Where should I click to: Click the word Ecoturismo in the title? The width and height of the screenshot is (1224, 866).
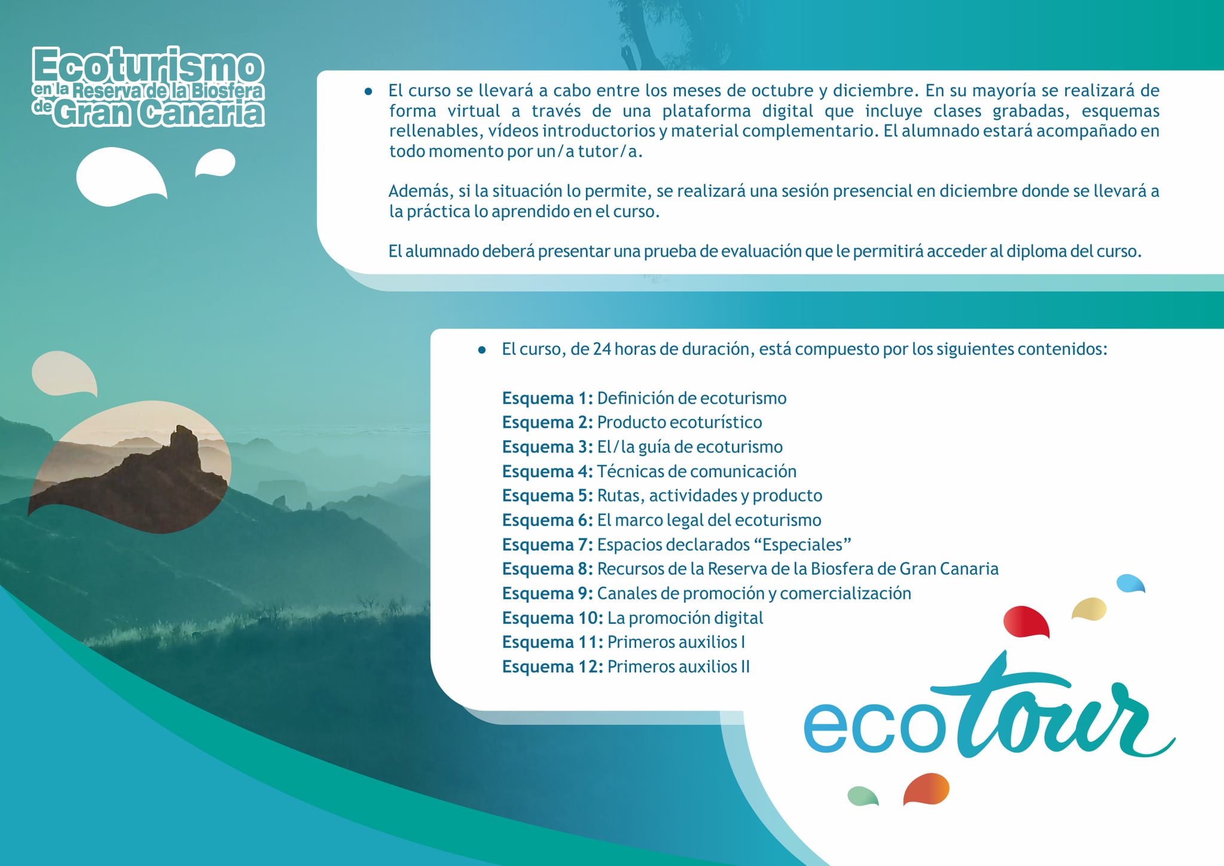click(148, 66)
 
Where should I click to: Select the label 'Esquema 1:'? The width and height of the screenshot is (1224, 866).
click(547, 398)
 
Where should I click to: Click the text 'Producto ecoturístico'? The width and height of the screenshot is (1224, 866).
click(679, 422)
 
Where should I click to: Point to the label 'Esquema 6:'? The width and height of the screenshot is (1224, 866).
click(547, 520)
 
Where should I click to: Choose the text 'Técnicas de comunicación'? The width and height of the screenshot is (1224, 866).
click(697, 471)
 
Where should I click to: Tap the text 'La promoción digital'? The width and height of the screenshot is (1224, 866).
click(685, 618)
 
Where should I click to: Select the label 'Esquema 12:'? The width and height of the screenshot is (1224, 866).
click(553, 667)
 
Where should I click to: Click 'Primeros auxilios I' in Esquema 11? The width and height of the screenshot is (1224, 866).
click(676, 642)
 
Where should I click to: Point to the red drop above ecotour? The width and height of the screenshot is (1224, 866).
click(1025, 622)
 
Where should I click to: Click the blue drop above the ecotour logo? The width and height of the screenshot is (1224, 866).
click(1130, 583)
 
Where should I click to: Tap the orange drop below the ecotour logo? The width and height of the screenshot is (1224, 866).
click(926, 789)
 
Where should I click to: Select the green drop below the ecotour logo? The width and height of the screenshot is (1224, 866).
click(863, 796)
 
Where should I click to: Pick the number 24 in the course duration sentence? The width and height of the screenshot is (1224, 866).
click(602, 349)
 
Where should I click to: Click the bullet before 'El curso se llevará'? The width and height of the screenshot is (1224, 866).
click(368, 92)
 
